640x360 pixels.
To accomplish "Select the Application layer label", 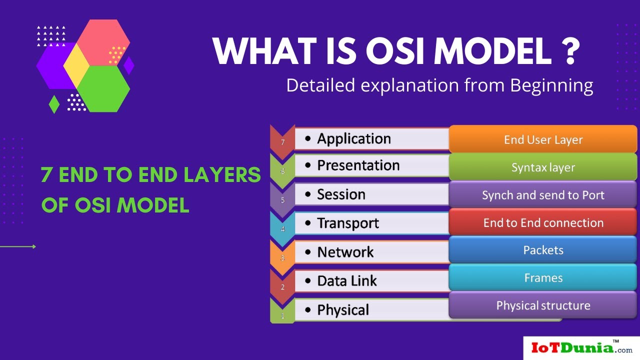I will click(x=354, y=138).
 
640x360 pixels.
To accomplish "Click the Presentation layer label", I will click(x=358, y=165).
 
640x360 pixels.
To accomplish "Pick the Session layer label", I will click(x=341, y=194).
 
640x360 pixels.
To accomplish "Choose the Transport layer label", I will click(x=348, y=223).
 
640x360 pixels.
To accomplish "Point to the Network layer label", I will click(x=345, y=252).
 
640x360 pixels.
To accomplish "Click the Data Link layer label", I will click(x=347, y=281).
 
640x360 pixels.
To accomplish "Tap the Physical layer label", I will click(x=343, y=310).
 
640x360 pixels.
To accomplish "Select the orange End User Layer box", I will click(x=543, y=139).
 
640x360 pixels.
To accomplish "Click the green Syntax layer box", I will click(x=543, y=167).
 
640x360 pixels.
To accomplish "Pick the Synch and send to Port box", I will click(x=543, y=195).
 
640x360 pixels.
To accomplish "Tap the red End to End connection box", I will click(x=543, y=222).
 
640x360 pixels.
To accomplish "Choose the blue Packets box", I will click(x=543, y=250).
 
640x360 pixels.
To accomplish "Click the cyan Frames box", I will click(x=543, y=277).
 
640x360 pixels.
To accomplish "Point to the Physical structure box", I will click(x=543, y=305).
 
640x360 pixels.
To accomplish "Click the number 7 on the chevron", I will click(x=282, y=142).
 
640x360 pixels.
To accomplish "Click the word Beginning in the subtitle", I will click(x=551, y=85).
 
